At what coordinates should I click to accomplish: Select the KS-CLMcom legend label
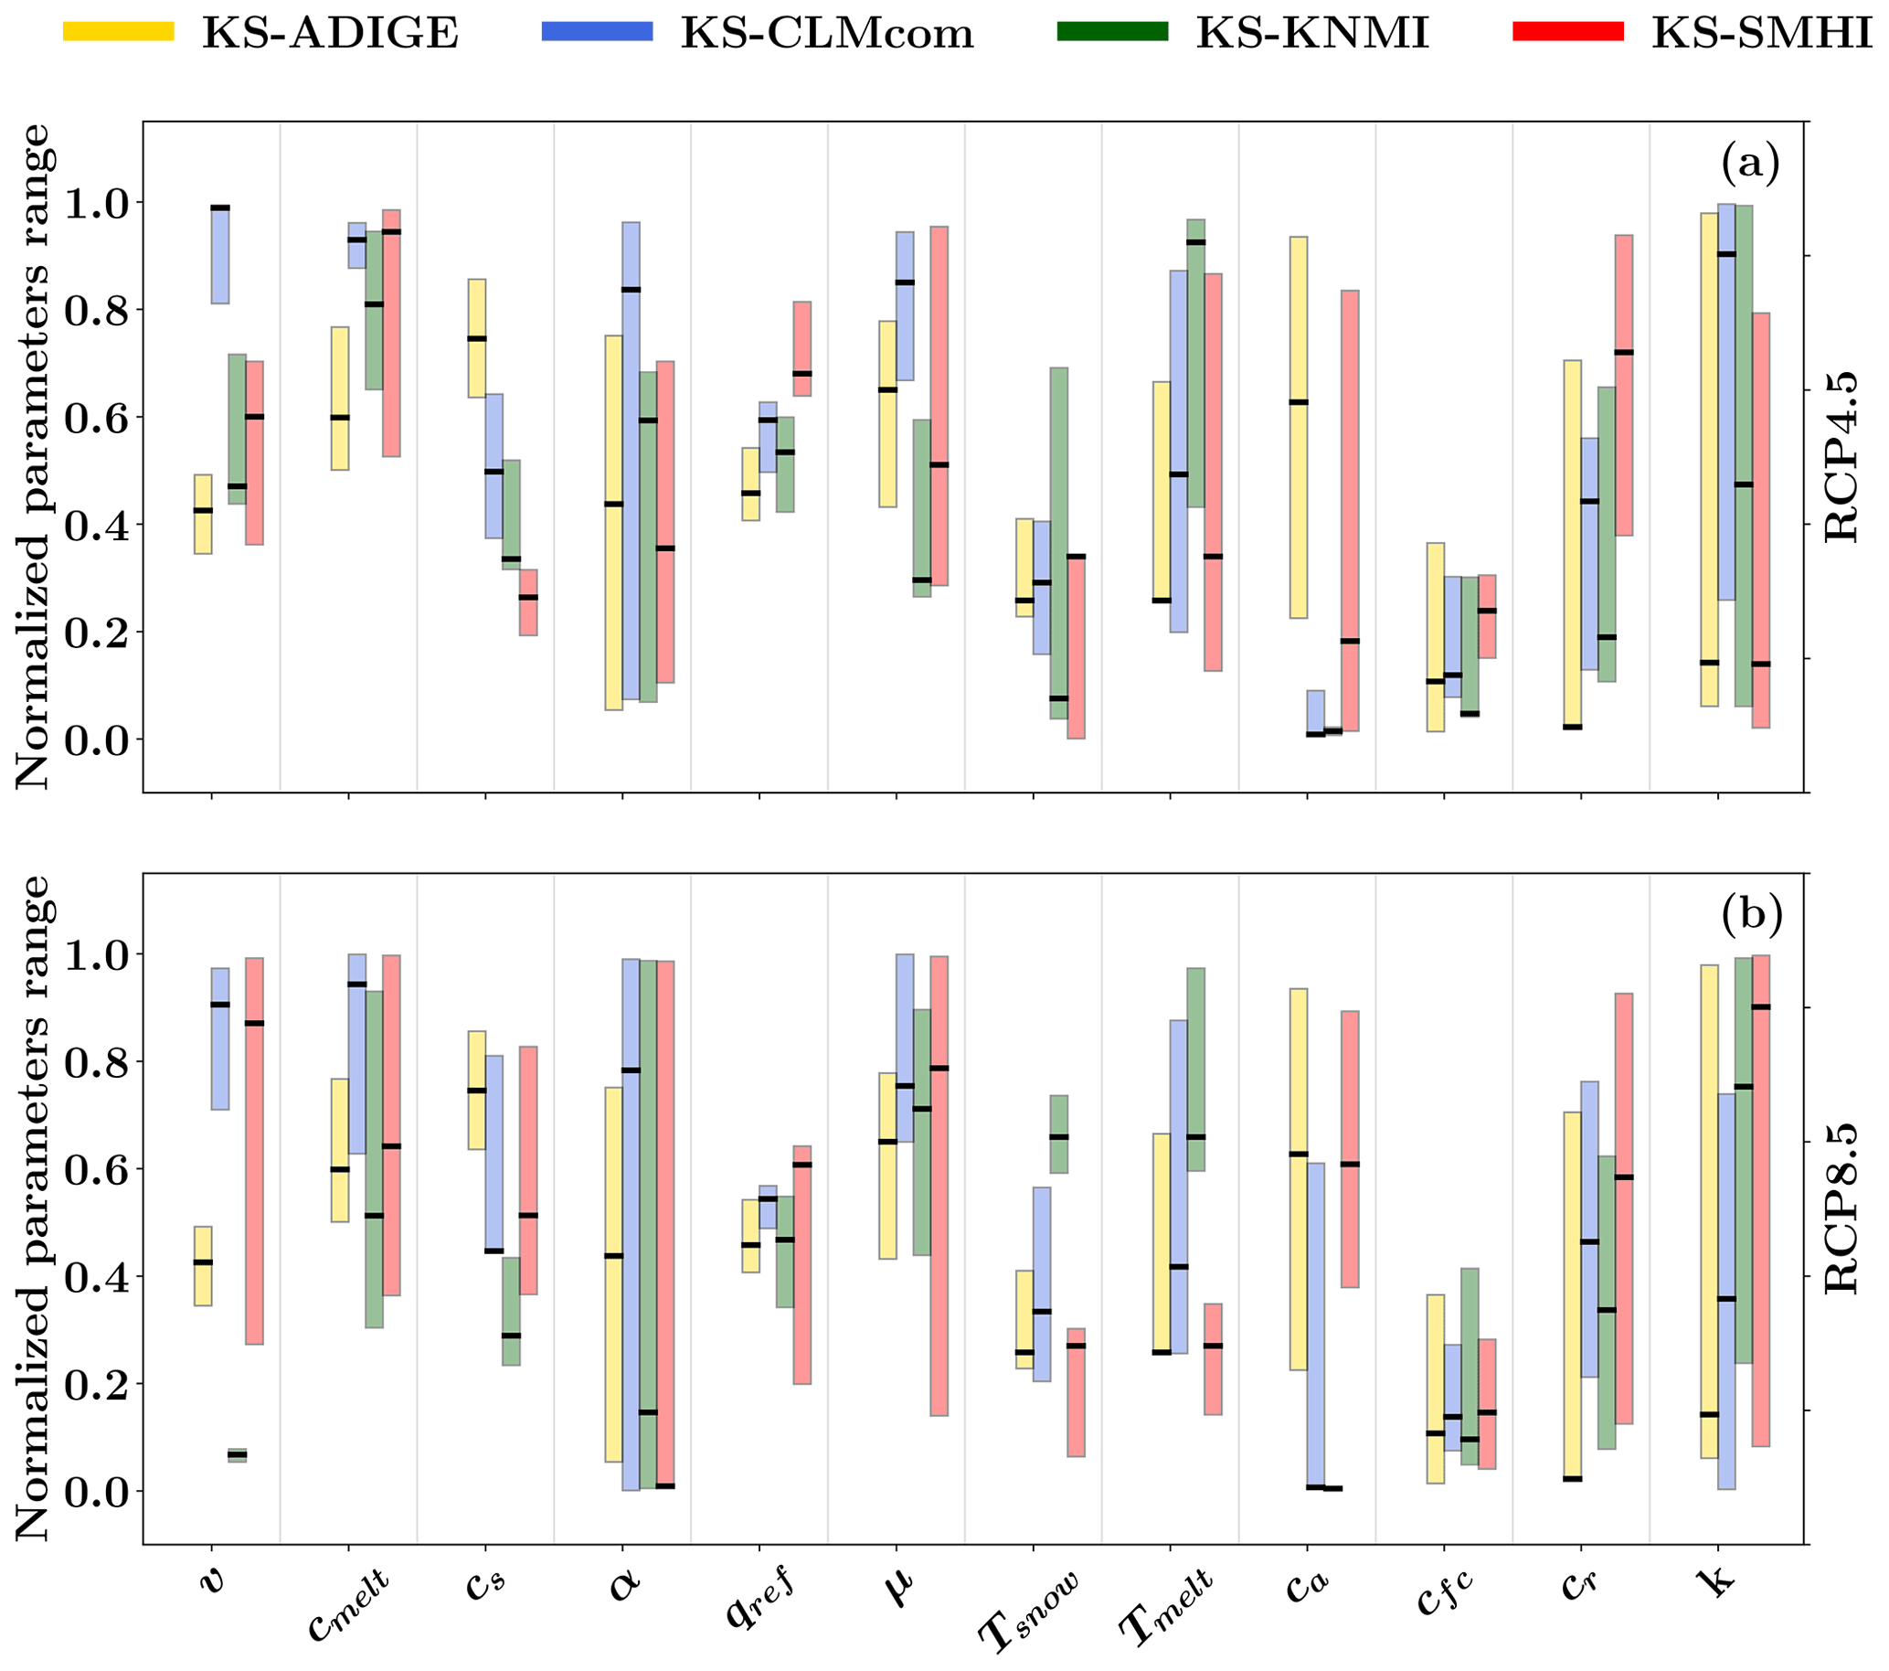coord(827,33)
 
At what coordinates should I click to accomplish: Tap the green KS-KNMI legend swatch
coord(1112,31)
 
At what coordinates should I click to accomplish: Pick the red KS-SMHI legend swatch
coord(1567,31)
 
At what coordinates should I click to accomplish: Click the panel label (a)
coord(1749,165)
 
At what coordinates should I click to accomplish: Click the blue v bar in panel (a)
coord(220,254)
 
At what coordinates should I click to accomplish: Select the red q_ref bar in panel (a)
coord(801,348)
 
